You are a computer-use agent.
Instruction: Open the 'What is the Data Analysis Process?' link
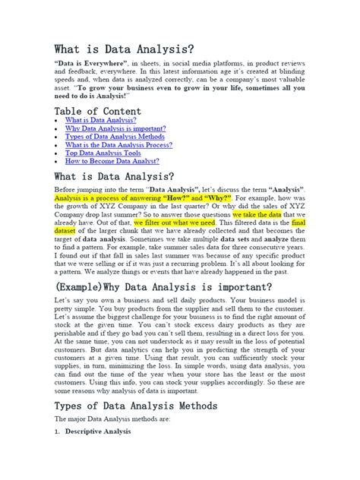coord(118,145)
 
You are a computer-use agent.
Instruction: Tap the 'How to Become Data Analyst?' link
coord(112,161)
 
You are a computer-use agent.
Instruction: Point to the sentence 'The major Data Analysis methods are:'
coord(112,419)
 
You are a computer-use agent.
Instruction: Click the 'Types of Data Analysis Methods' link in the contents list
coord(114,137)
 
